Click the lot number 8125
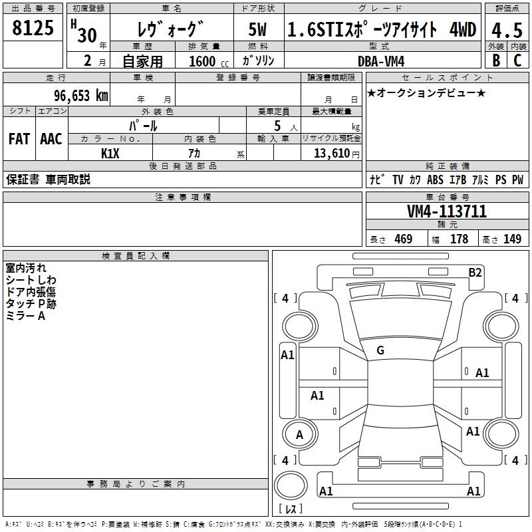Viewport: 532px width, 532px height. (x=33, y=29)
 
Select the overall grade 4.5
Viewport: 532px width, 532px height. (x=507, y=29)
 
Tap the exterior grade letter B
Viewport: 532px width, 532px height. (x=496, y=60)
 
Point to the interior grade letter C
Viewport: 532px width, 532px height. (x=517, y=60)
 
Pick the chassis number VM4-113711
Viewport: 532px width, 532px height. (x=447, y=211)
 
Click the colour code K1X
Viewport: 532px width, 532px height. (x=110, y=153)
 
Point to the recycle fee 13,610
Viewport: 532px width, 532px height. (x=335, y=153)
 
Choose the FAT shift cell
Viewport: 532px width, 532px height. (x=19, y=139)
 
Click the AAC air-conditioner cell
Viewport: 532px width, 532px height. (x=51, y=139)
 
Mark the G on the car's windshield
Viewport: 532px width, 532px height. (x=380, y=350)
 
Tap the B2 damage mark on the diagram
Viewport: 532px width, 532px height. (x=475, y=272)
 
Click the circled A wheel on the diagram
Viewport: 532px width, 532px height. (x=299, y=435)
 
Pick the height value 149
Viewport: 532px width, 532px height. (x=512, y=239)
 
